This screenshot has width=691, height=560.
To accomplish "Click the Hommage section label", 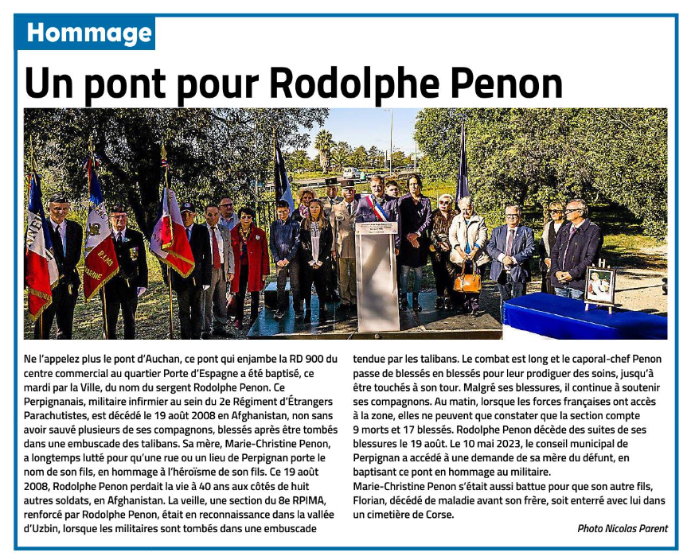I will point(88,33).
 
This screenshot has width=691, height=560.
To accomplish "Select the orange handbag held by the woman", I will point(467,278).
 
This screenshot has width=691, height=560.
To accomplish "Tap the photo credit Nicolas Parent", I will point(636,528).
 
